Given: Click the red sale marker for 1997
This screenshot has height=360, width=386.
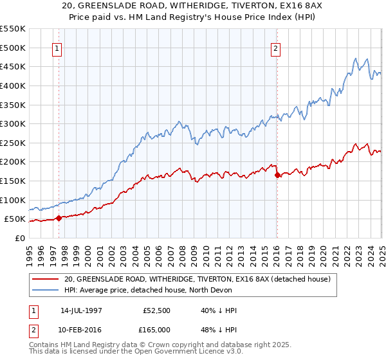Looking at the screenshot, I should pyautogui.click(x=59, y=218).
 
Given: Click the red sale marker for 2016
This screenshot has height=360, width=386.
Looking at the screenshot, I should pyautogui.click(x=277, y=174).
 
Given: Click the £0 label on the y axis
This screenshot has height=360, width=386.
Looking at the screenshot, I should pyautogui.click(x=19, y=239).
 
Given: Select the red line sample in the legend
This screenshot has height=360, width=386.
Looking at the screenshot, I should pyautogui.click(x=46, y=279).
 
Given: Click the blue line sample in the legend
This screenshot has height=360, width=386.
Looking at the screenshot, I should pyautogui.click(x=46, y=289).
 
